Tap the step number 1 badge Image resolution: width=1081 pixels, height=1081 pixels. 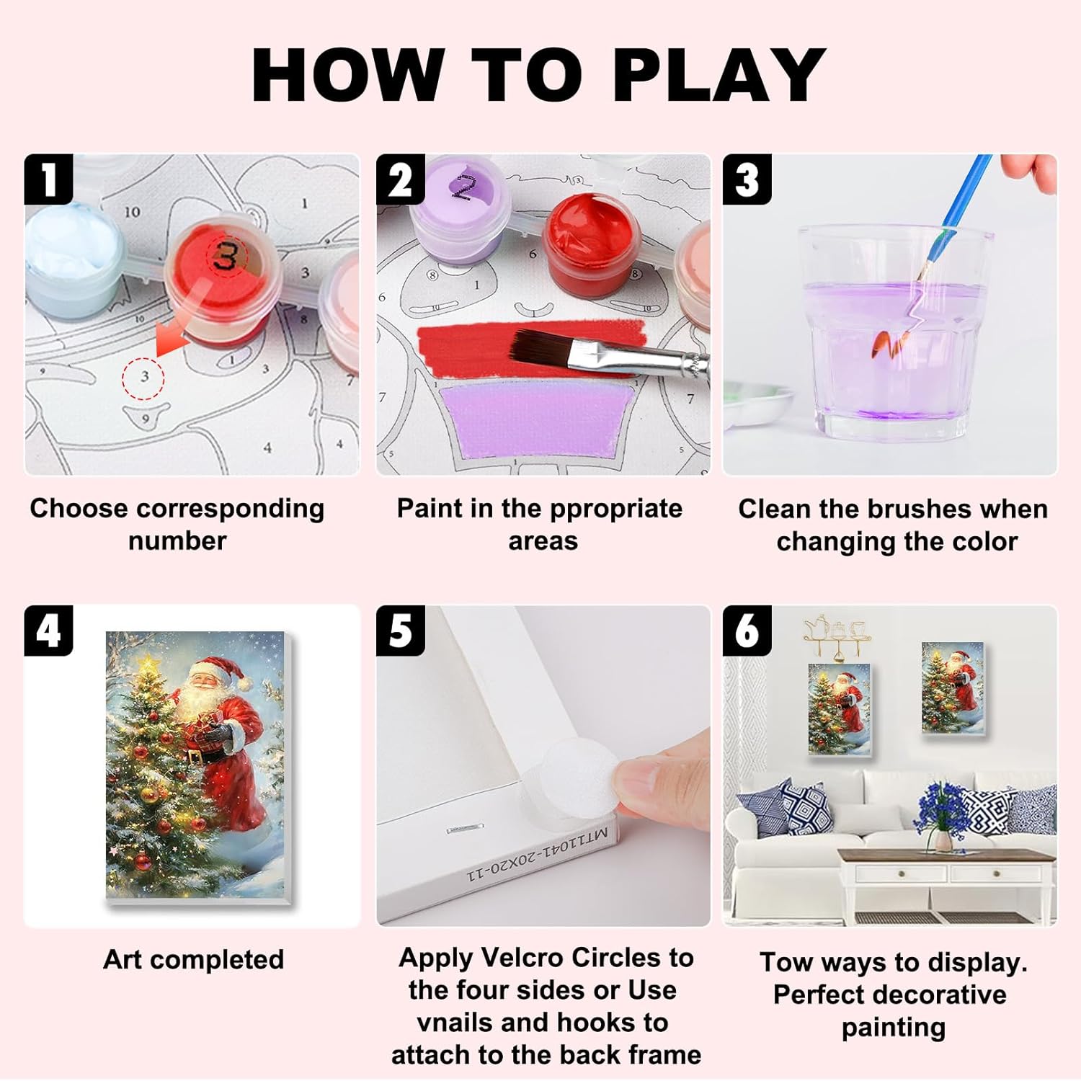(x=48, y=179)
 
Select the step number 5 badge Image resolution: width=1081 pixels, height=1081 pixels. (x=401, y=631)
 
